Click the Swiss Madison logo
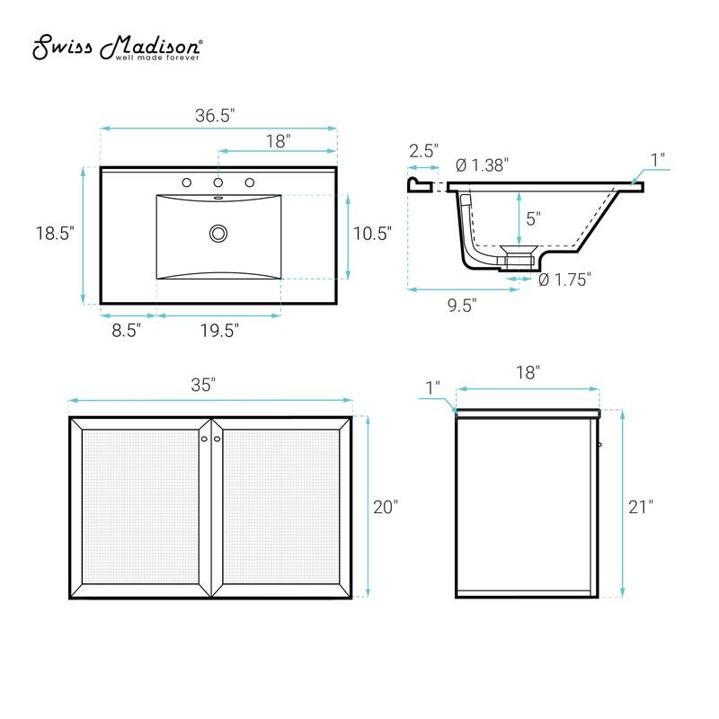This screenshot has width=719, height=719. click(118, 49)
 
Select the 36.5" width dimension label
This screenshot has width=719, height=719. click(215, 115)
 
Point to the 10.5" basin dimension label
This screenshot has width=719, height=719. click(372, 234)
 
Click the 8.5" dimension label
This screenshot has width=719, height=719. click(127, 330)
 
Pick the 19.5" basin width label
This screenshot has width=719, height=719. click(218, 330)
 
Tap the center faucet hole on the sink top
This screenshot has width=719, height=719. click(218, 182)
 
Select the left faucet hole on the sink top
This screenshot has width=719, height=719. click(187, 182)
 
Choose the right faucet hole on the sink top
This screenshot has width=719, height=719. click(250, 182)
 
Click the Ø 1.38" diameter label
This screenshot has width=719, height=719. click(483, 164)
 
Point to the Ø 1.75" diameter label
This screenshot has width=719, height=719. click(564, 280)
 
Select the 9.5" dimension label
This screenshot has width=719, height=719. click(461, 305)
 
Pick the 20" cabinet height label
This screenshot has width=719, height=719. click(385, 507)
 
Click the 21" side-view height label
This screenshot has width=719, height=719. click(640, 506)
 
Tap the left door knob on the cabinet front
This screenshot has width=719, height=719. click(203, 438)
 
